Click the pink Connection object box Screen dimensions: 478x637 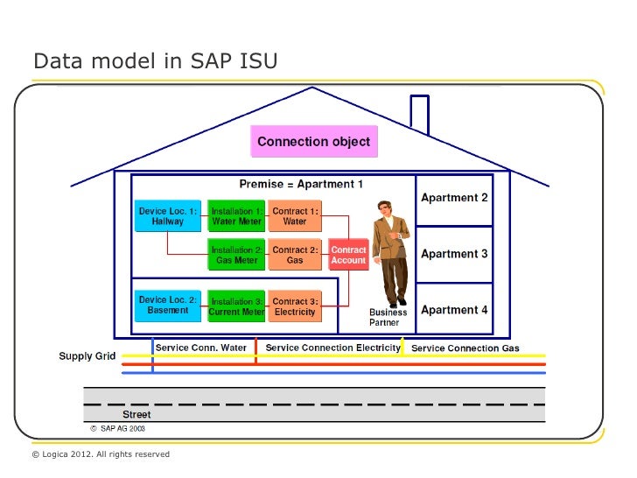pos(313,141)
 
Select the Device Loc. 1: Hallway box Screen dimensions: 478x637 pos(168,216)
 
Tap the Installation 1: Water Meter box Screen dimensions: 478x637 pos(236,216)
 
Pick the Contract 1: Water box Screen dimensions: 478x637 pos(295,216)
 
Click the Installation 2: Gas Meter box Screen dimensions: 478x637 pos(236,255)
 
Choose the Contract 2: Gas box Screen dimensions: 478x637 pos(295,255)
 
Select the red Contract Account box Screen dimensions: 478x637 pos(348,255)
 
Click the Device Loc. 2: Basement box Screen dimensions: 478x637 pos(168,306)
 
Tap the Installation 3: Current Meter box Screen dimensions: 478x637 pos(236,306)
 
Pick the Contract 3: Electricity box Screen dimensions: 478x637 pos(295,306)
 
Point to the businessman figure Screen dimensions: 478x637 pos(390,254)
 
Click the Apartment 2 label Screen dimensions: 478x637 pos(454,198)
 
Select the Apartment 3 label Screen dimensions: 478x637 pos(454,254)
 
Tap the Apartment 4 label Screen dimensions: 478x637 pos(454,310)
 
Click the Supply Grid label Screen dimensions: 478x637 pos(87,356)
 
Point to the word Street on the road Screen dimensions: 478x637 pos(136,414)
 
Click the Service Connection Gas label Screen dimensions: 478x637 pos(465,348)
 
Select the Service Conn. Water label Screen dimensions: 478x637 pos(201,348)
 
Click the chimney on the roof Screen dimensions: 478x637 pos(420,112)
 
